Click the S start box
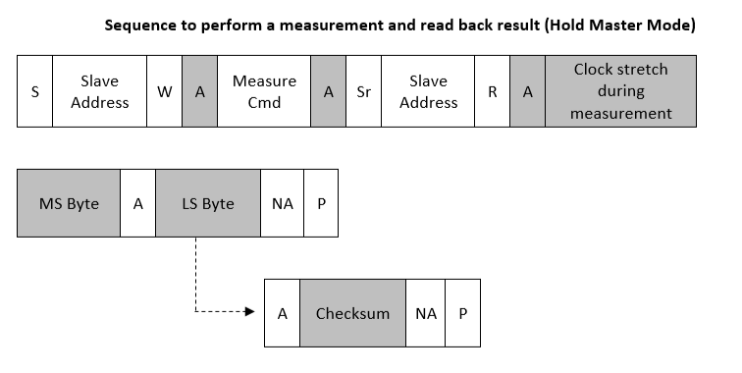35,91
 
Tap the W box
164,91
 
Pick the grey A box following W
199,91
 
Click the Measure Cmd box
264,91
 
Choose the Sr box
363,91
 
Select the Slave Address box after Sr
428,91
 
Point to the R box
493,91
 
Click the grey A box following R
528,91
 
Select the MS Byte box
69,203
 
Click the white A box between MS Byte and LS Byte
137,203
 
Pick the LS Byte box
208,203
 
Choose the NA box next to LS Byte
283,203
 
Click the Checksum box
352,313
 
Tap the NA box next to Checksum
425,313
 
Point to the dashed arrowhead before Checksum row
249,312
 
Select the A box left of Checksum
283,313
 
